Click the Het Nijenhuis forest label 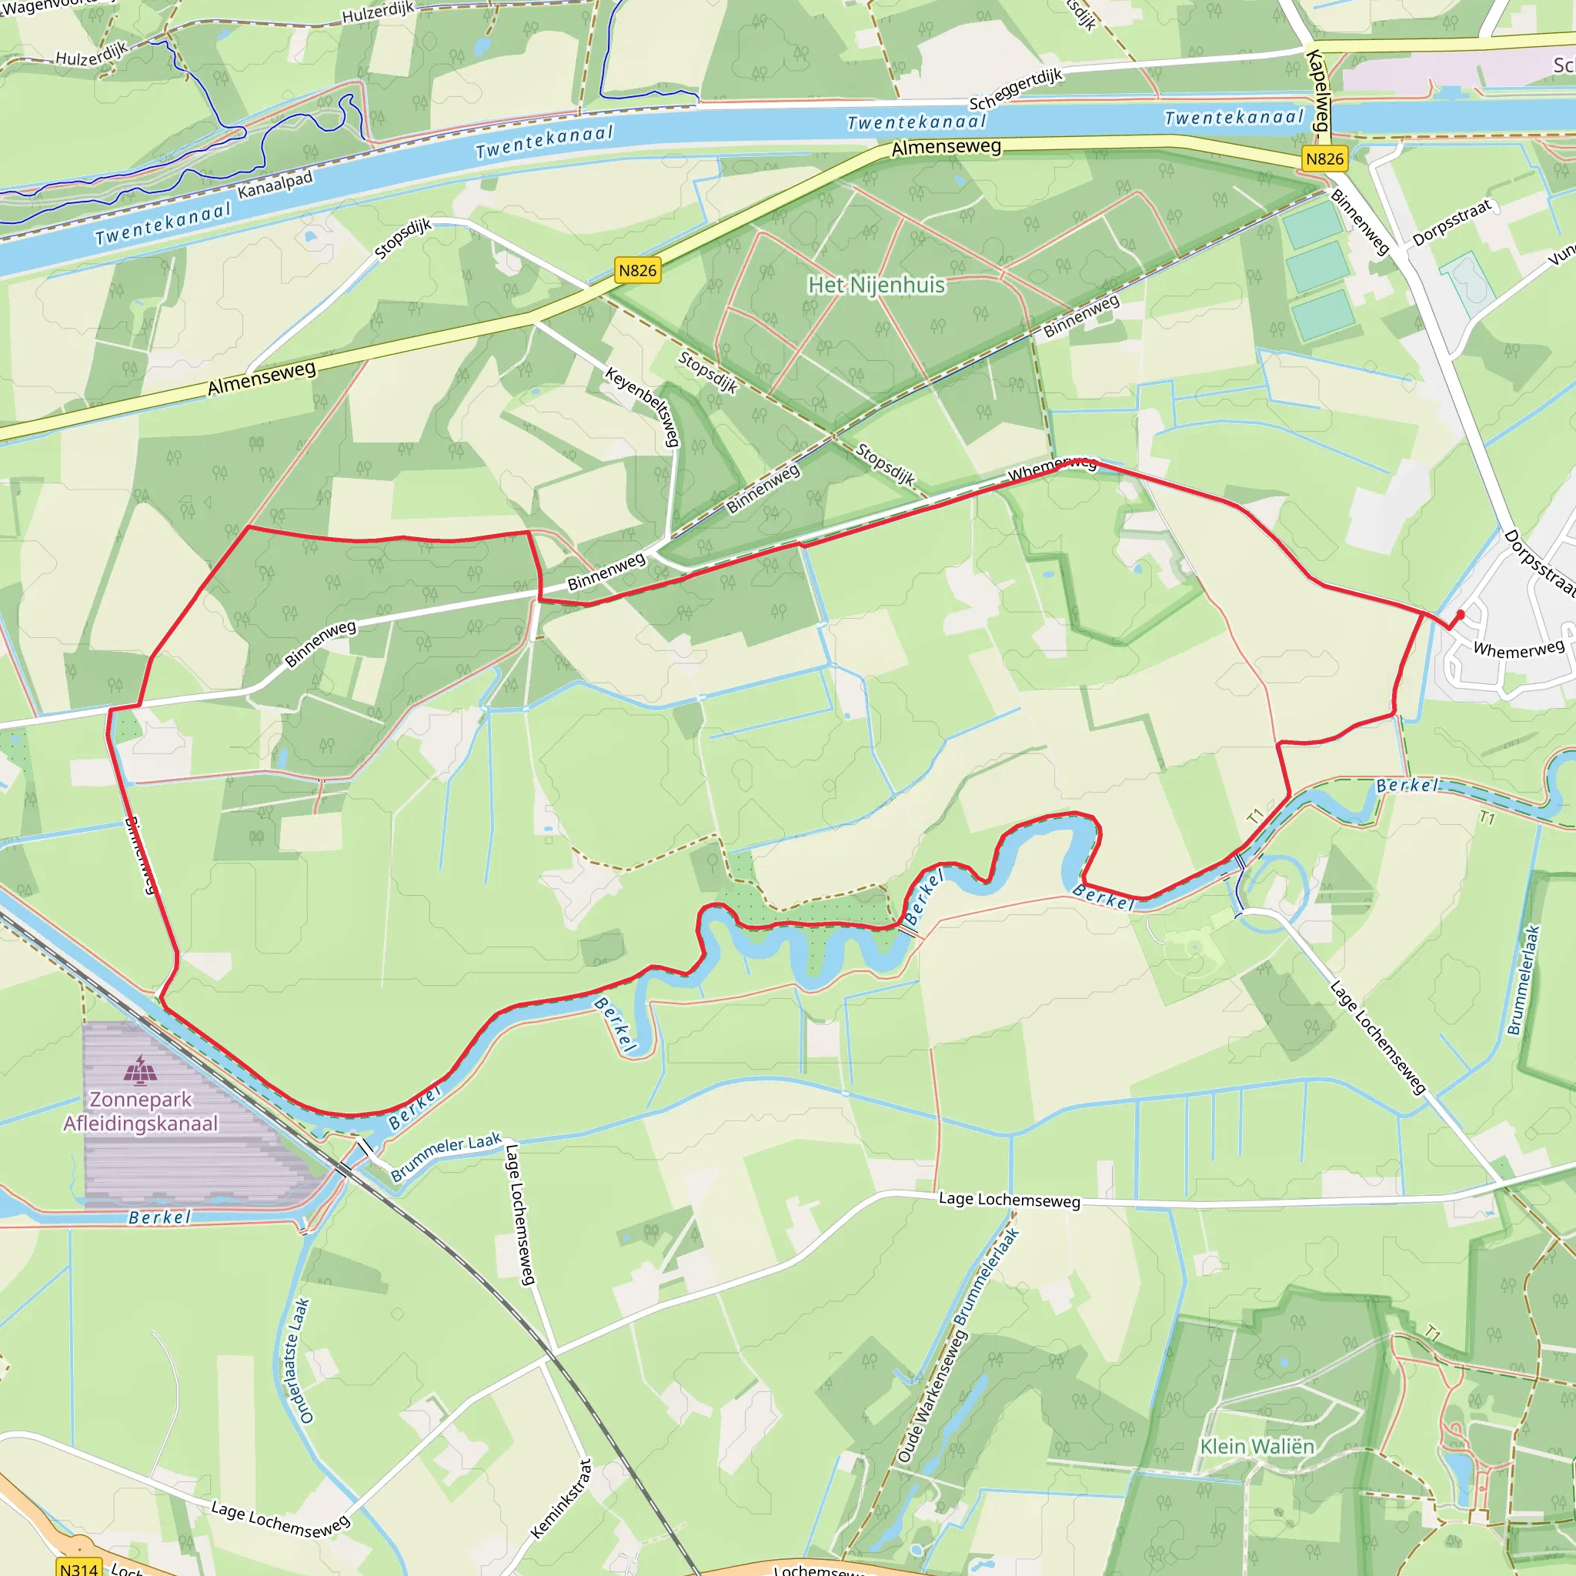click(x=876, y=285)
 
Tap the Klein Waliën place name click(x=1257, y=1446)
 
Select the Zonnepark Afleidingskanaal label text click(x=141, y=1111)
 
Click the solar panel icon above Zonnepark click(x=140, y=1070)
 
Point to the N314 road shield click(x=79, y=1568)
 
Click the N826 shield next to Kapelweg click(x=1324, y=159)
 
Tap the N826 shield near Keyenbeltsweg click(x=637, y=271)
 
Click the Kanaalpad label click(x=275, y=185)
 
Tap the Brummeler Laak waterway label click(x=446, y=1157)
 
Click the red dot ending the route click(x=1460, y=614)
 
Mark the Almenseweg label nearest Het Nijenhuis click(x=947, y=148)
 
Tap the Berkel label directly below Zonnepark click(x=160, y=1218)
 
